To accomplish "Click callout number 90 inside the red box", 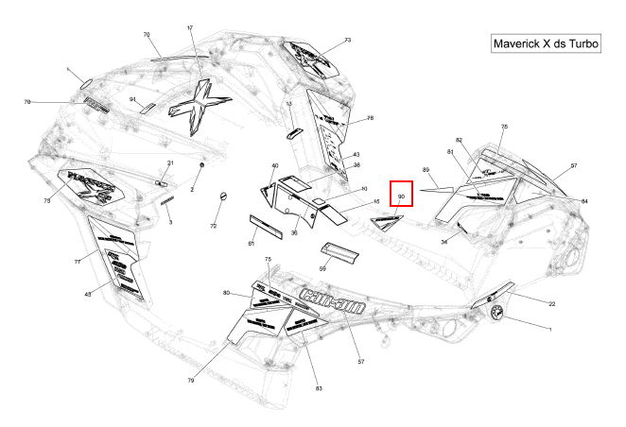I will click(x=401, y=196).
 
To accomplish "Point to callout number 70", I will click(x=147, y=34).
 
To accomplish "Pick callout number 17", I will click(x=190, y=28).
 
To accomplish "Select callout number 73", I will click(x=347, y=40).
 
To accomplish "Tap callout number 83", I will click(x=319, y=389).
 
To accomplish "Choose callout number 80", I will click(x=227, y=293).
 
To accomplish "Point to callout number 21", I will click(x=171, y=163).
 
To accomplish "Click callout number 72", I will click(x=213, y=227).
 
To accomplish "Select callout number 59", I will click(x=322, y=268).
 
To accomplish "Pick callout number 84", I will click(x=584, y=201).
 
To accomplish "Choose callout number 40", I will click(x=275, y=166).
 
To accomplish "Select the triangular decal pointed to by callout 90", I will click(x=386, y=222).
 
